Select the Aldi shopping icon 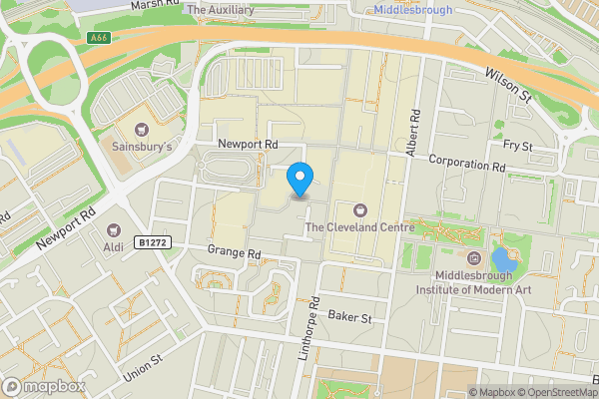click(x=127, y=228)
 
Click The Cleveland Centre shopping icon click(x=359, y=209)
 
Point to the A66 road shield click(x=97, y=38)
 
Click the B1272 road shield click(x=153, y=241)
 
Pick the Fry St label click(x=518, y=146)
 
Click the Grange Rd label click(x=234, y=252)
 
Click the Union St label click(x=142, y=372)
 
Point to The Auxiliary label click(x=221, y=10)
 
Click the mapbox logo click(x=44, y=386)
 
